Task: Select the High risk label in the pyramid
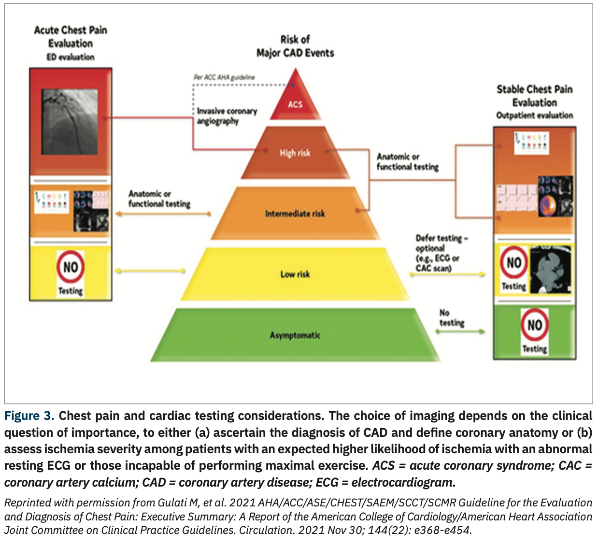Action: (295, 153)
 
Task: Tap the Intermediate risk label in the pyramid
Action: (295, 214)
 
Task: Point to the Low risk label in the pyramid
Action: (295, 274)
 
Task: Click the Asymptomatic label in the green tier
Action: (295, 335)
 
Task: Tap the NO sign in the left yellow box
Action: (71, 267)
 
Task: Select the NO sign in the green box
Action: (534, 325)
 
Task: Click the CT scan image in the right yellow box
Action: (550, 269)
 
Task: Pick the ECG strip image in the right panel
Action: (517, 198)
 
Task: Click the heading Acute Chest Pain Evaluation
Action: (71, 37)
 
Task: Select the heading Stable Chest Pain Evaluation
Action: (534, 96)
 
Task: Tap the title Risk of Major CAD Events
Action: (295, 46)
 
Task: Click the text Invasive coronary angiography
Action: (227, 116)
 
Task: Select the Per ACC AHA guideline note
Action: (224, 77)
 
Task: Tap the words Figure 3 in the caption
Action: (28, 416)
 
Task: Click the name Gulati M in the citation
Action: (173, 503)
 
